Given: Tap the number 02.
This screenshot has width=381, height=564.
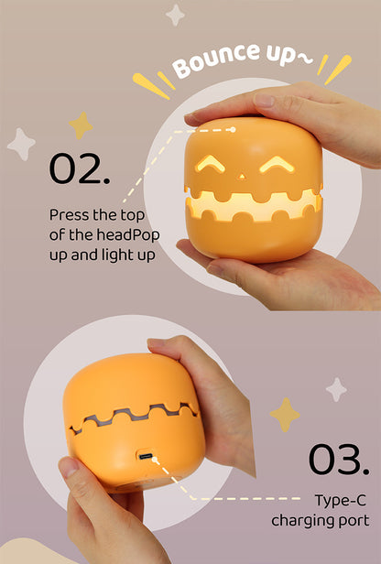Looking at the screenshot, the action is point(80,168).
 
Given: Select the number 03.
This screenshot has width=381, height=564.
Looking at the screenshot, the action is point(339,460).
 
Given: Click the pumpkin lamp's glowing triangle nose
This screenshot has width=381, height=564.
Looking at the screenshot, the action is point(242,176).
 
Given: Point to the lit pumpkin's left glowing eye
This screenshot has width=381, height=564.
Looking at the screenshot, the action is point(210,164).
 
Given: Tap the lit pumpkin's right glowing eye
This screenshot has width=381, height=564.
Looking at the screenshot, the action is point(277,165).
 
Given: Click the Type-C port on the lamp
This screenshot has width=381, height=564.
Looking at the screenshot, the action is point(146,457).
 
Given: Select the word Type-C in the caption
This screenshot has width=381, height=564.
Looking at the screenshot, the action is point(340,500).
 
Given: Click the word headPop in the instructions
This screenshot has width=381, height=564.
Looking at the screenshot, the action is point(128,235).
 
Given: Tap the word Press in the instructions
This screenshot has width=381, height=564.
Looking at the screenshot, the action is point(70,215).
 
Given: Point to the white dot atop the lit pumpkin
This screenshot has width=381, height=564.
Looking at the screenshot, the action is point(233,129).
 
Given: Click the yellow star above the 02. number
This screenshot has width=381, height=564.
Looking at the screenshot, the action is point(81,125).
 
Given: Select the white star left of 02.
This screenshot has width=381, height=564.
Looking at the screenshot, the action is point(21,145).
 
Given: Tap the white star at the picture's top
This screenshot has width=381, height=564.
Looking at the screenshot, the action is point(175,15).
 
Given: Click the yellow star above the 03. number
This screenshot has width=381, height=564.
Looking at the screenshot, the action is point(285,415).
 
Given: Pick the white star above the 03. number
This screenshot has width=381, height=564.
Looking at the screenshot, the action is point(336,389).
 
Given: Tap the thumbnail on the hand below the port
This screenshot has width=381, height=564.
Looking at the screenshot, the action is point(69,467).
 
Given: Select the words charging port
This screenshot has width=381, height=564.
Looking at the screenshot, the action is point(321,521).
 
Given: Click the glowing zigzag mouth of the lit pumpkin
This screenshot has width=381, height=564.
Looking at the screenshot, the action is point(254,206).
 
